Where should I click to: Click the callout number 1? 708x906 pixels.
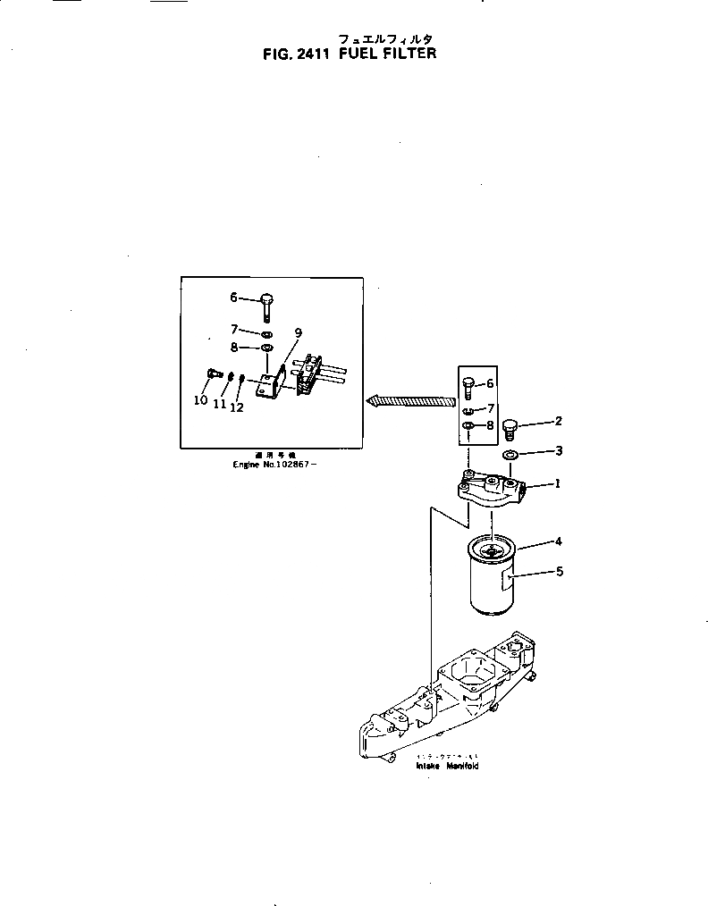click(x=557, y=483)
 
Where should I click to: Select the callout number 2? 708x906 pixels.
click(x=558, y=421)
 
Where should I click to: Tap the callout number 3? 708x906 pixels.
click(x=558, y=451)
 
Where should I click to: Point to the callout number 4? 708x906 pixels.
click(x=558, y=541)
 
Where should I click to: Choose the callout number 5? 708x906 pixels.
click(x=560, y=571)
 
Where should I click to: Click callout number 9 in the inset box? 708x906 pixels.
click(x=298, y=333)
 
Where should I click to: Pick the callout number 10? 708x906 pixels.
click(x=200, y=400)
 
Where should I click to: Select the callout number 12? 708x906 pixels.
click(x=237, y=407)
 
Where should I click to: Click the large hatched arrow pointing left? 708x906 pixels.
click(x=410, y=401)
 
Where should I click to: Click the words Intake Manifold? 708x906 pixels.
click(x=447, y=766)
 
